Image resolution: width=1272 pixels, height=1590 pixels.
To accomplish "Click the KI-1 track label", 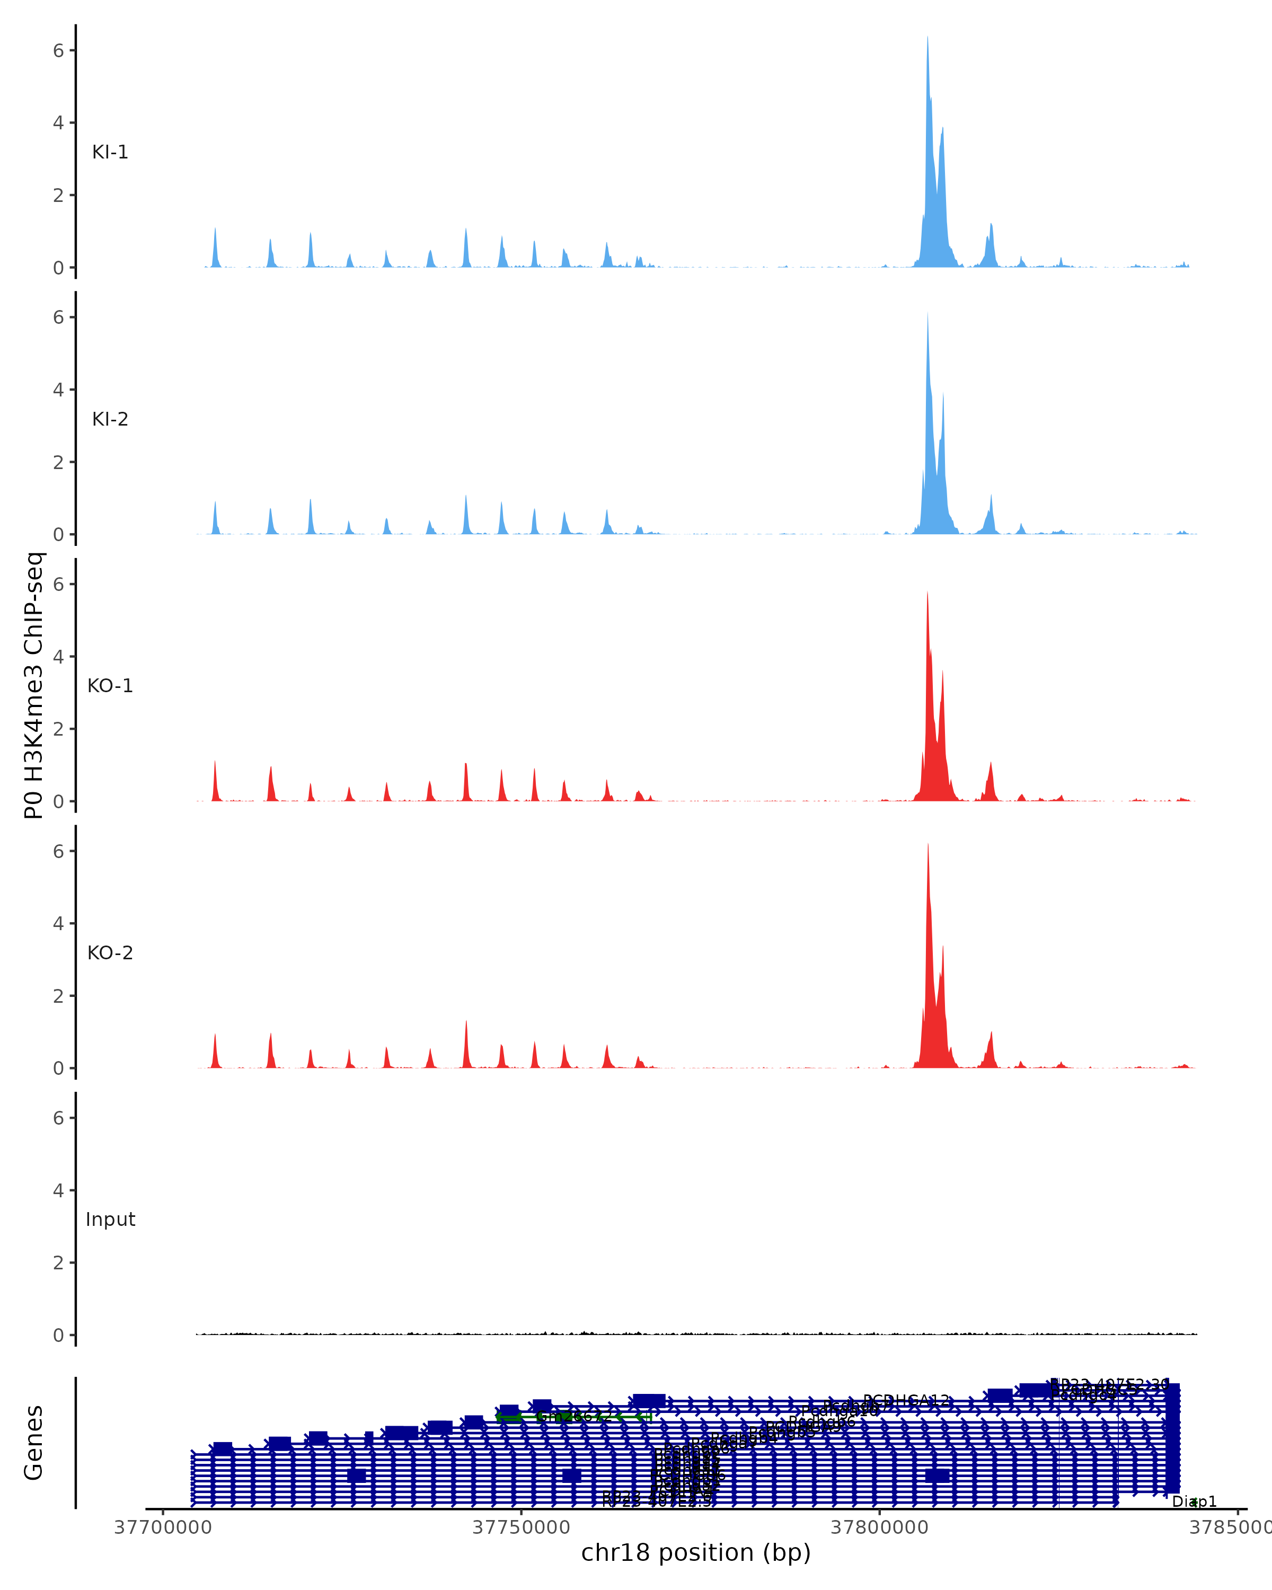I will [110, 153].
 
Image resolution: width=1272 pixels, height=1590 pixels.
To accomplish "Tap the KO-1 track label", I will [110, 686].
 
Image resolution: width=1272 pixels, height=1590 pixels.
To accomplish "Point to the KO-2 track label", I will [110, 953].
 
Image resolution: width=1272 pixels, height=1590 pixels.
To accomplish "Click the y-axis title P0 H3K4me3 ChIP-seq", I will [34, 686].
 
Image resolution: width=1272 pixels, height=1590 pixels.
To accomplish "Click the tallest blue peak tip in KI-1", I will [927, 37].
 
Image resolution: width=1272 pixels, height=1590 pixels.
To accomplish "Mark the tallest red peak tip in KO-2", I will [927, 844].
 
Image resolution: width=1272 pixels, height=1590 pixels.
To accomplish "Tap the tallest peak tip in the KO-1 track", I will [927, 591].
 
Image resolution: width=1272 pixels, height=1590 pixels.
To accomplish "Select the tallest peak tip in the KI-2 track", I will [927, 313].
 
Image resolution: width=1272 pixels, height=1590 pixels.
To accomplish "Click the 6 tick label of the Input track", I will [58, 1118].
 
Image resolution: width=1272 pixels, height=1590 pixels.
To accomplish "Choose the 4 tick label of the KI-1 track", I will [58, 123].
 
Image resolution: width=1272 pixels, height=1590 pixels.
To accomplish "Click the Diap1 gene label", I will [1195, 1502].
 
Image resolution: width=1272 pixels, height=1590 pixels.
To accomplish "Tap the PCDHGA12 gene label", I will [906, 1400].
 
